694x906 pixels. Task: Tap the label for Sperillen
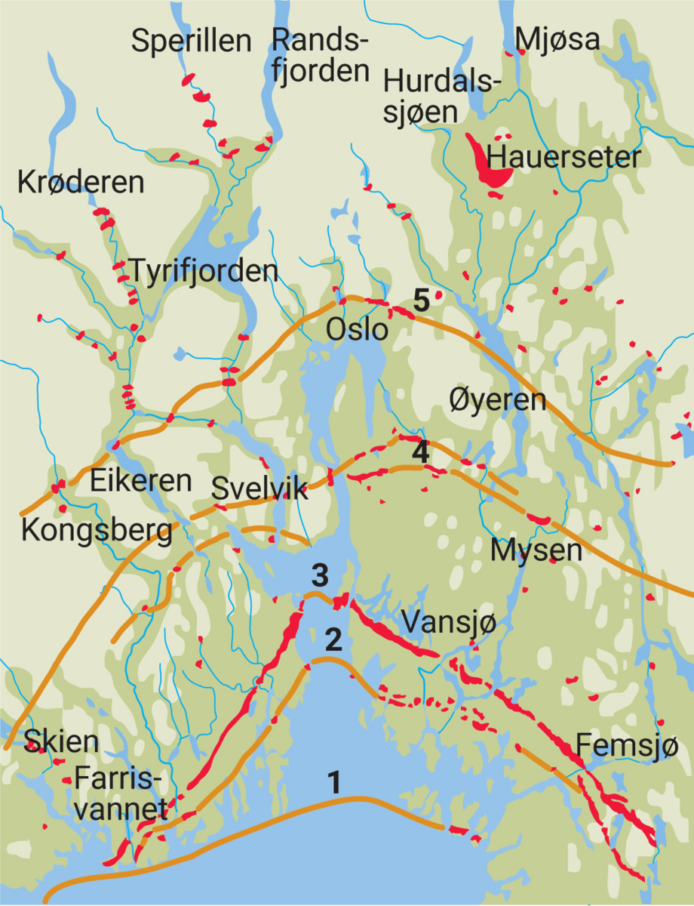(191, 41)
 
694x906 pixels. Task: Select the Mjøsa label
(557, 39)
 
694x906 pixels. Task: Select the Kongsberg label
(97, 530)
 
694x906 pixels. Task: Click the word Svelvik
(260, 489)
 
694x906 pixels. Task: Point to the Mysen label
(536, 550)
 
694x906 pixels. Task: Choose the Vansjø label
(448, 624)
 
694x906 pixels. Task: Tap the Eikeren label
(141, 481)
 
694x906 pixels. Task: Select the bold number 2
(333, 640)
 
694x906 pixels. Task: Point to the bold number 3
(320, 575)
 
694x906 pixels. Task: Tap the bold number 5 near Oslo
(421, 300)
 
